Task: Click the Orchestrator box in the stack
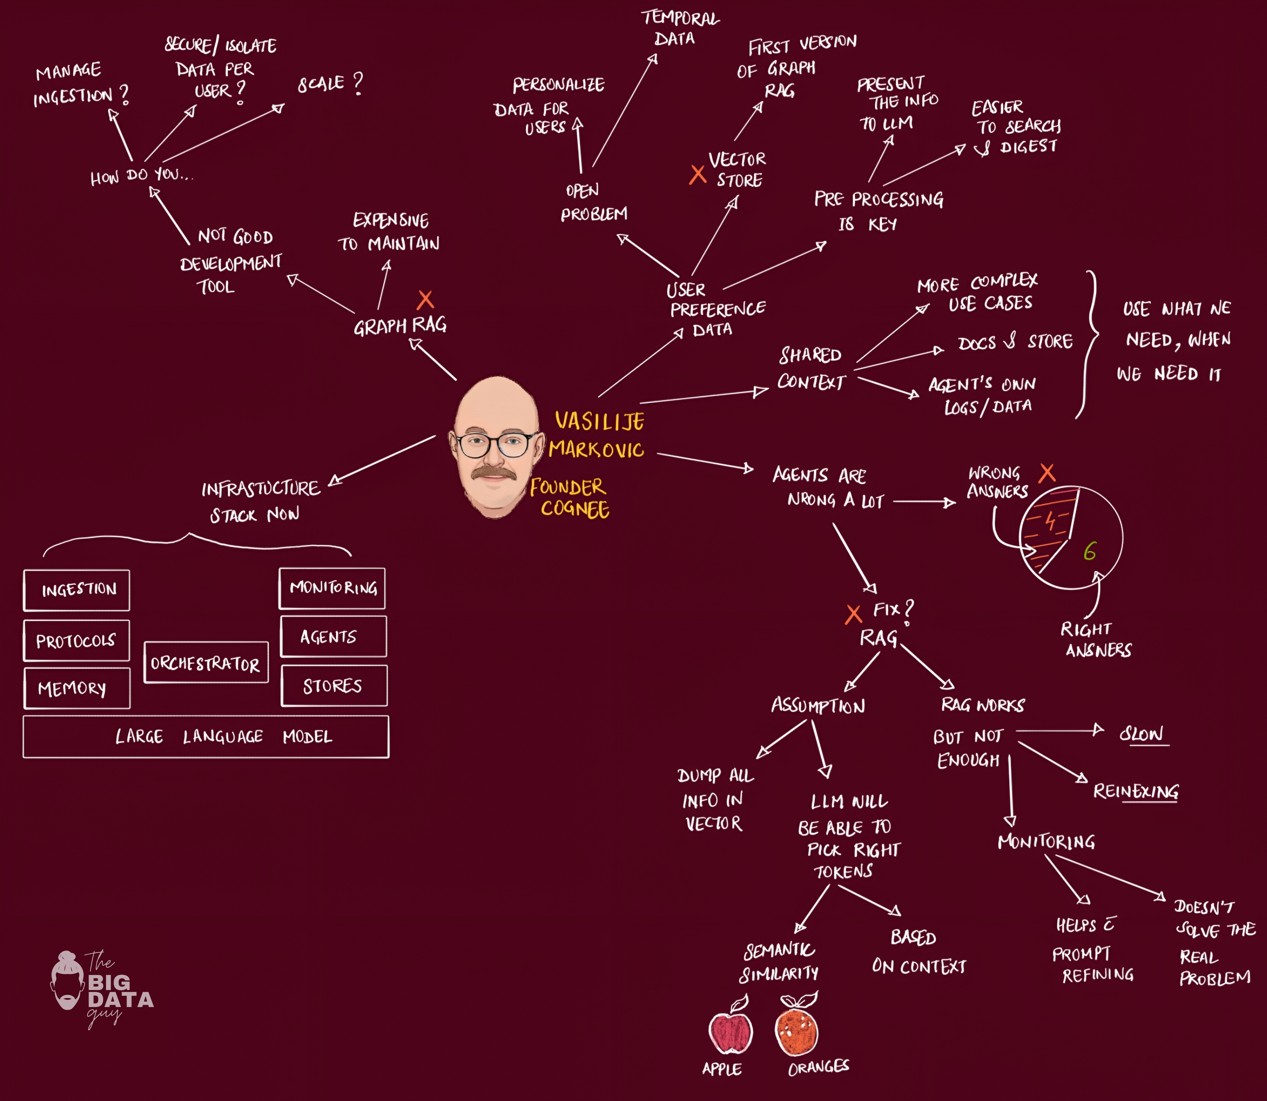206,662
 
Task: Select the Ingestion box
77,590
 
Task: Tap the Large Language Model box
206,736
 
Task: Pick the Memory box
77,688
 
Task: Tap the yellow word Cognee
575,509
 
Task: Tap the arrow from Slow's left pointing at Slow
1060,731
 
